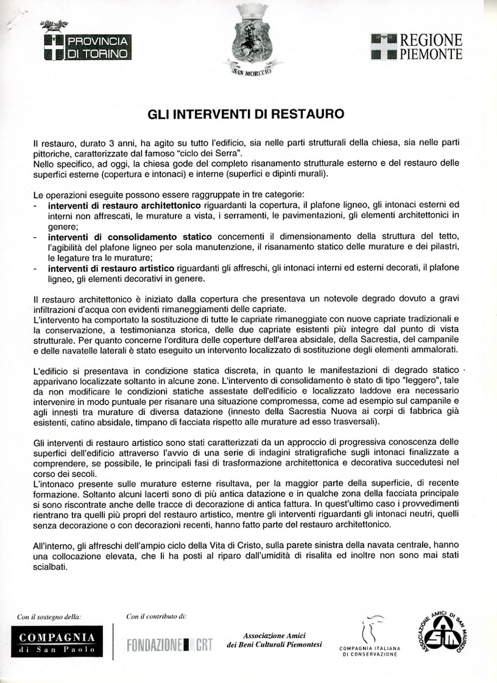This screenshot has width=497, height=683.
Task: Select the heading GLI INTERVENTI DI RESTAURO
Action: click(246, 114)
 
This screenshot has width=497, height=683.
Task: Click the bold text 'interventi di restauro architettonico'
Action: click(124, 206)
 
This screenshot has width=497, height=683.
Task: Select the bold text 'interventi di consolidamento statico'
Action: click(129, 237)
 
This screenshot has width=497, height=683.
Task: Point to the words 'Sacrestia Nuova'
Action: click(340, 412)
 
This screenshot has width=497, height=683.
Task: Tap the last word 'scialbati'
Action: click(50, 567)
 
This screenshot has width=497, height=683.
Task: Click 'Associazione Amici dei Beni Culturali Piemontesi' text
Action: click(274, 640)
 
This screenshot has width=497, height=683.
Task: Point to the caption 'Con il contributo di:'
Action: click(156, 616)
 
